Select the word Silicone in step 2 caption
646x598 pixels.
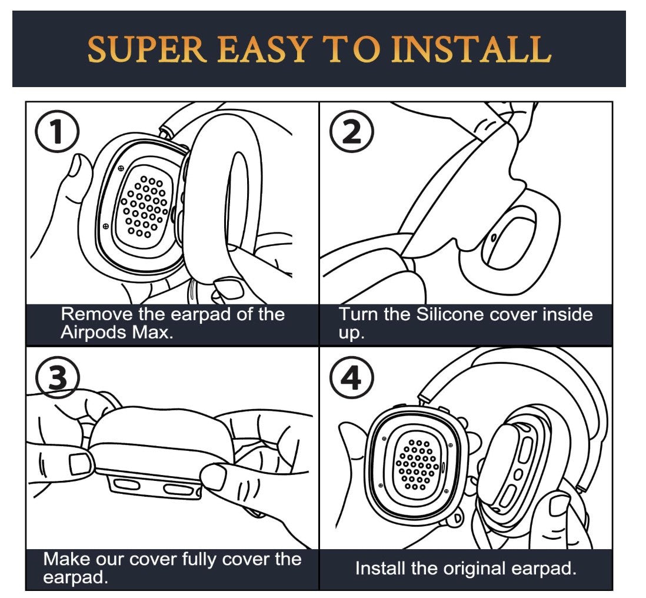tap(450, 314)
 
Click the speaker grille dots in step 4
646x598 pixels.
tap(417, 466)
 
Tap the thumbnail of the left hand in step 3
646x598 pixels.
tap(78, 464)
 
